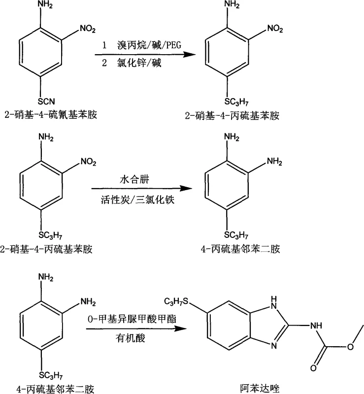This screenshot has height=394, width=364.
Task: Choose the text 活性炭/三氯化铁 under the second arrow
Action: tap(139, 199)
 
